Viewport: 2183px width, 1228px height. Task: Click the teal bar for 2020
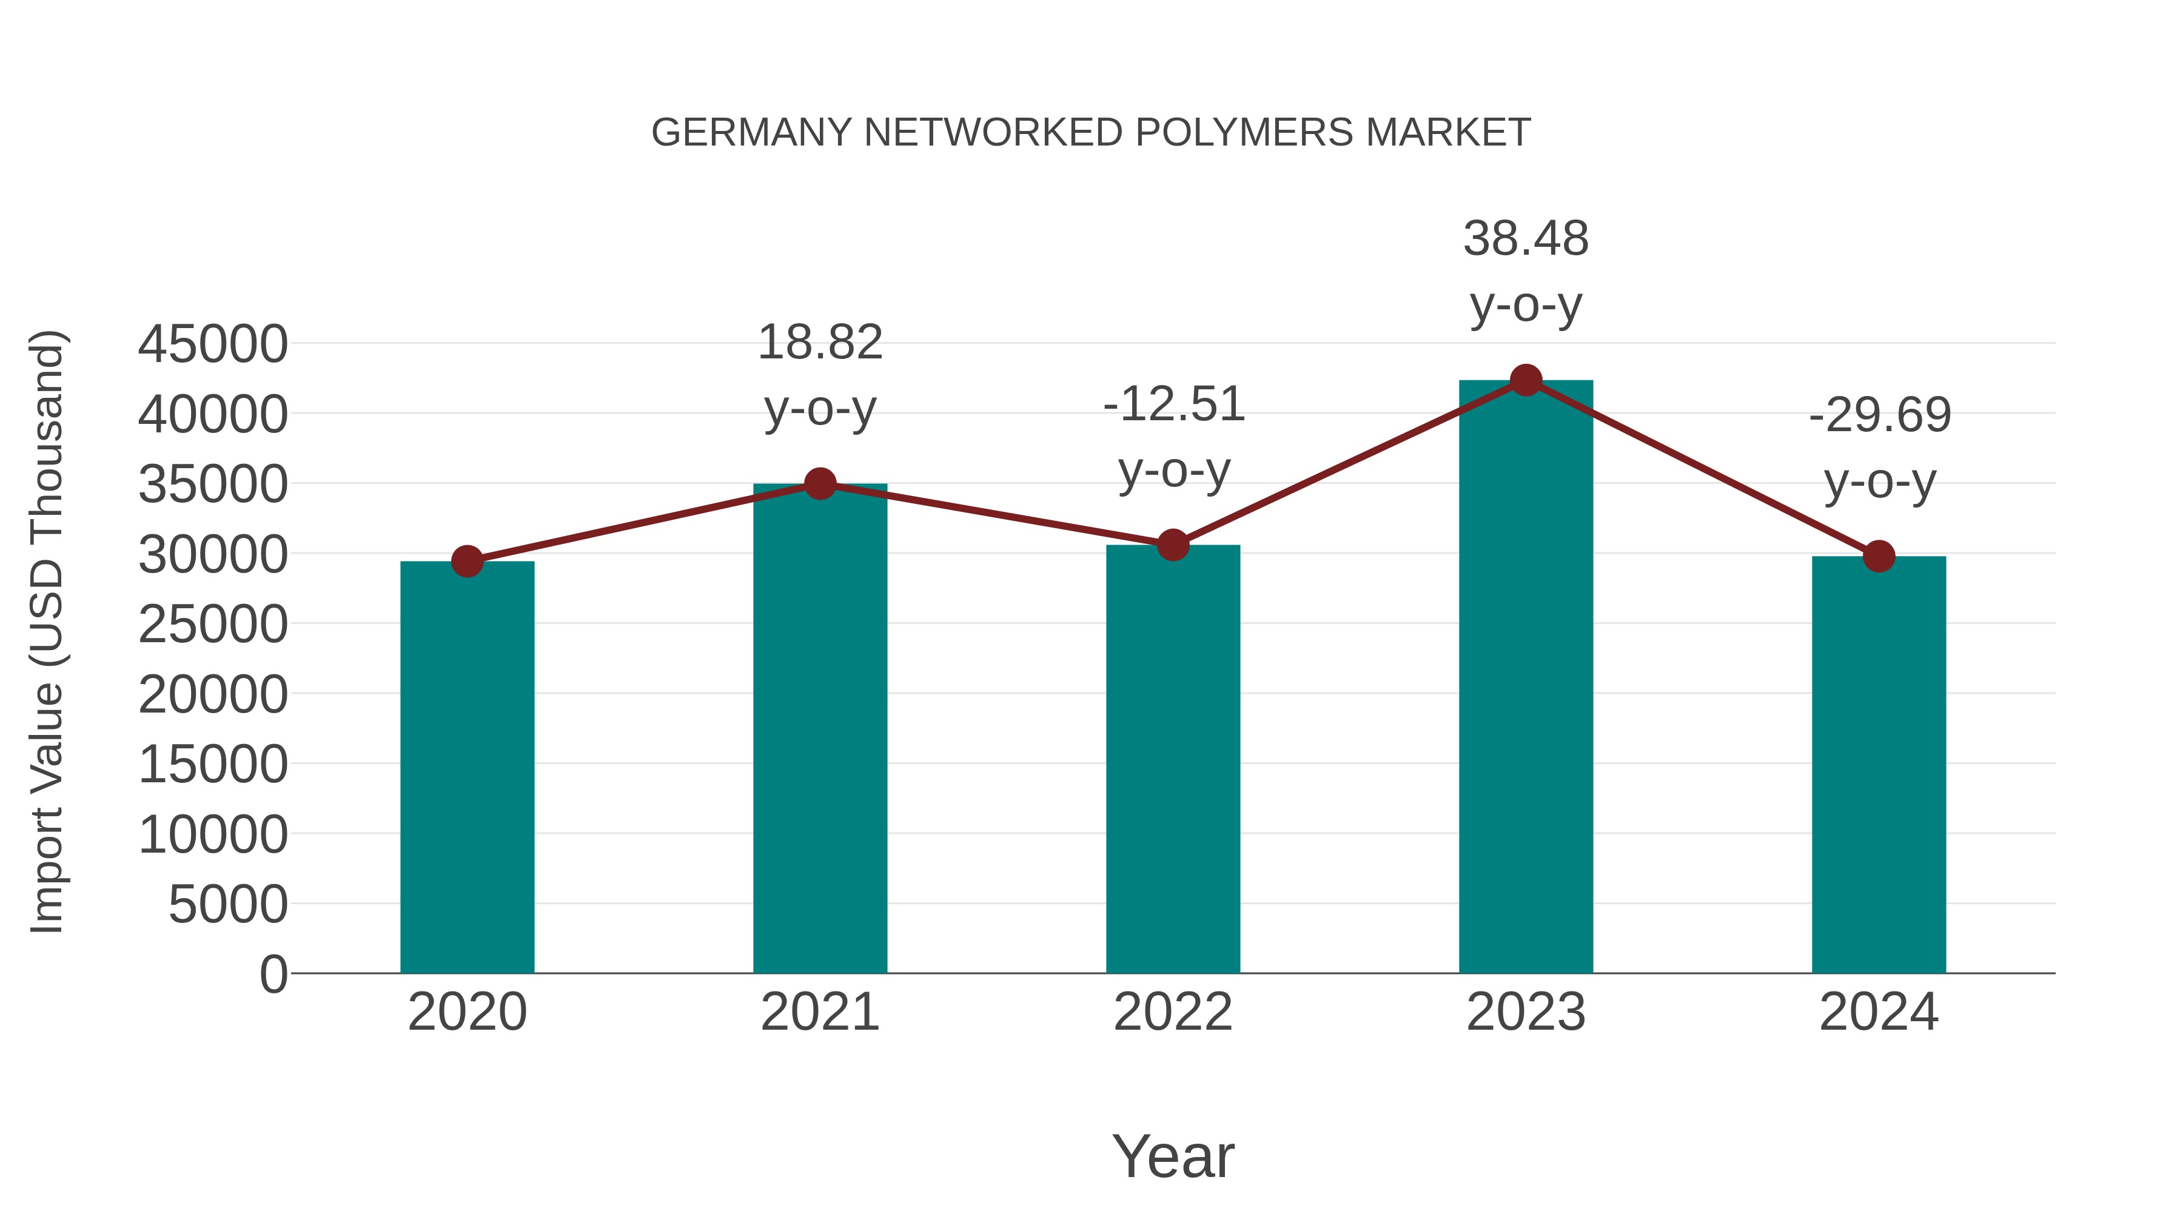coord(467,767)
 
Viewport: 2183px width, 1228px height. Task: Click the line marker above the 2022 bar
coord(1173,546)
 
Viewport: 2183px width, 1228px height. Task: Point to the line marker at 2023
coord(1526,380)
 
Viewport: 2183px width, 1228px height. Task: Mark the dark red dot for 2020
coord(467,561)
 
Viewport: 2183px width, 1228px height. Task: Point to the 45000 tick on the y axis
coord(213,345)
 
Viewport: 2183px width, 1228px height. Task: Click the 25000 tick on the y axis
coord(213,625)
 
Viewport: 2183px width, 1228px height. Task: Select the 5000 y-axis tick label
coord(228,905)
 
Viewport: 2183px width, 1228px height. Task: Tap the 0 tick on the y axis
coord(273,975)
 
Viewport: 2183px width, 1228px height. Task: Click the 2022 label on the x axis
coord(1173,1012)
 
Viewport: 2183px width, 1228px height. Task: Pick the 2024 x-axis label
coord(1879,1012)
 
